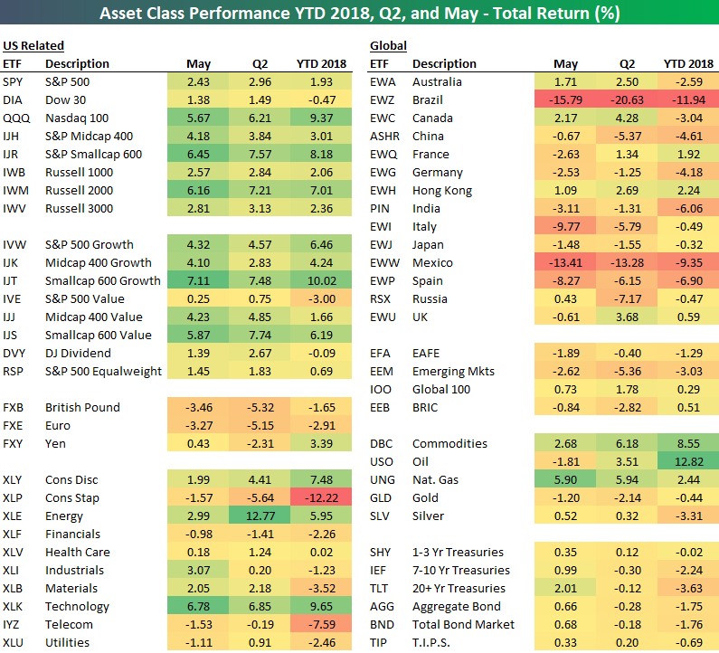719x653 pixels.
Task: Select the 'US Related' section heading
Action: [x=33, y=45]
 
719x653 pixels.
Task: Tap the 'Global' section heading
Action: [x=388, y=45]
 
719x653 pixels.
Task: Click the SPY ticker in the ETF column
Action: [x=14, y=81]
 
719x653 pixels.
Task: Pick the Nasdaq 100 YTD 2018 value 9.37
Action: [x=320, y=118]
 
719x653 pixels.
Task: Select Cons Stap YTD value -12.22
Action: [x=318, y=497]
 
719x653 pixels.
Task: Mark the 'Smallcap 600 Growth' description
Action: [x=102, y=280]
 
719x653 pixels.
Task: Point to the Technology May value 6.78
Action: [x=198, y=606]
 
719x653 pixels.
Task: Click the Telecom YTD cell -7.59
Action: [x=320, y=624]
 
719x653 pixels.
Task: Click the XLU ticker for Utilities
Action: [x=14, y=642]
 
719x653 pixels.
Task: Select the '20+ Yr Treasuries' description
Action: [x=458, y=588]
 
